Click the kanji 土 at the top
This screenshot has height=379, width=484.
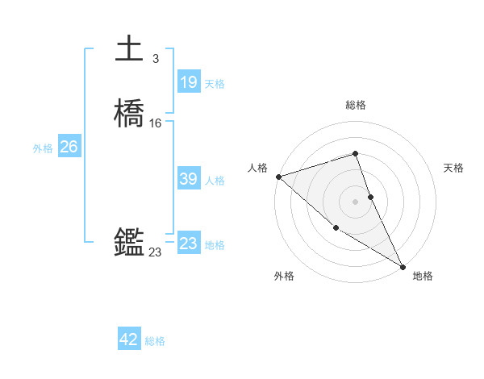click(129, 49)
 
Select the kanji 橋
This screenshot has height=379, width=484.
click(129, 114)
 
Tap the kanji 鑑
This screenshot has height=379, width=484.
click(129, 243)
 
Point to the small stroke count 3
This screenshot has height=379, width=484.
click(155, 58)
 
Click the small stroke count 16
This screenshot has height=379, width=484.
click(156, 123)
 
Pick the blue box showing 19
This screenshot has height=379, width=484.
click(188, 82)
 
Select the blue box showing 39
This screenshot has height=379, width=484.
click(188, 179)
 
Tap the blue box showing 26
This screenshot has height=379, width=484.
click(69, 147)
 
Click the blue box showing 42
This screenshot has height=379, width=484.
click(129, 339)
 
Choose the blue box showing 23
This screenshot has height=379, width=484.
click(188, 244)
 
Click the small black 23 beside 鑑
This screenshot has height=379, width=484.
click(155, 252)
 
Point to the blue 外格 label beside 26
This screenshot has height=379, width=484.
click(43, 148)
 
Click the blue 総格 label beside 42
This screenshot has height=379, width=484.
click(155, 341)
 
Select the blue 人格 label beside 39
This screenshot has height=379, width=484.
click(215, 181)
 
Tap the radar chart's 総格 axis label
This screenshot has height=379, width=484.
click(356, 105)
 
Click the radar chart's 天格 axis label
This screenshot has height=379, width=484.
click(453, 168)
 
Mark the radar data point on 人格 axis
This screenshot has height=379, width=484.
click(278, 176)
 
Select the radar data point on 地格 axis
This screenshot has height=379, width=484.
click(403, 266)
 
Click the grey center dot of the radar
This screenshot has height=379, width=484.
click(355, 201)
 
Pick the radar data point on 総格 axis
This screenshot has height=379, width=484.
click(355, 153)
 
